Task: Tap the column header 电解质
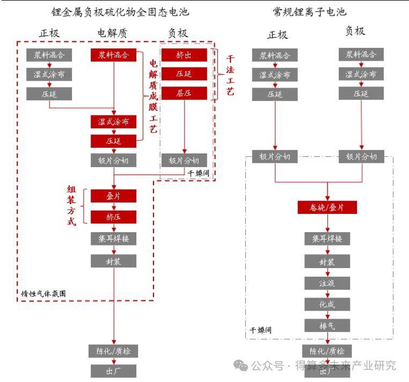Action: (112, 33)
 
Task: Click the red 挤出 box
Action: (184, 55)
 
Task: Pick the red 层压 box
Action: (184, 93)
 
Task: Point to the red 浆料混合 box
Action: (113, 55)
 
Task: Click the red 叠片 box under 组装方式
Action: (113, 196)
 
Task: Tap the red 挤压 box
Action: (113, 217)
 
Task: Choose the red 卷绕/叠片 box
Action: (327, 207)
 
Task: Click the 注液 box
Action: (327, 283)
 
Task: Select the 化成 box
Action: (327, 304)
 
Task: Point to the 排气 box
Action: (327, 325)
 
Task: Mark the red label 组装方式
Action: (71, 206)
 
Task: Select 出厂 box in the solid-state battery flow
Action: (113, 371)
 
